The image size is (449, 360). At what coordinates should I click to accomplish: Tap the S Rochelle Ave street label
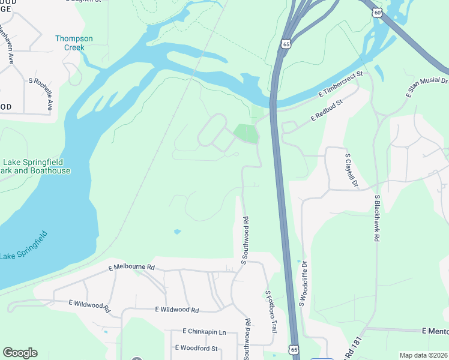point(40,94)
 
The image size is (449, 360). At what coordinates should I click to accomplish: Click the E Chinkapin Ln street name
point(204,332)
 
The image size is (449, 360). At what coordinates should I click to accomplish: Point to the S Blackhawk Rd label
point(377,217)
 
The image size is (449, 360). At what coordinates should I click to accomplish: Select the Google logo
point(20,353)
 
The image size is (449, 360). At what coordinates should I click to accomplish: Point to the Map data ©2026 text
point(423,355)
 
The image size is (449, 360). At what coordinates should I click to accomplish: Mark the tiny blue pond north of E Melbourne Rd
point(176,231)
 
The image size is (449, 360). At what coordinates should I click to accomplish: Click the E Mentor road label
point(435,331)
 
